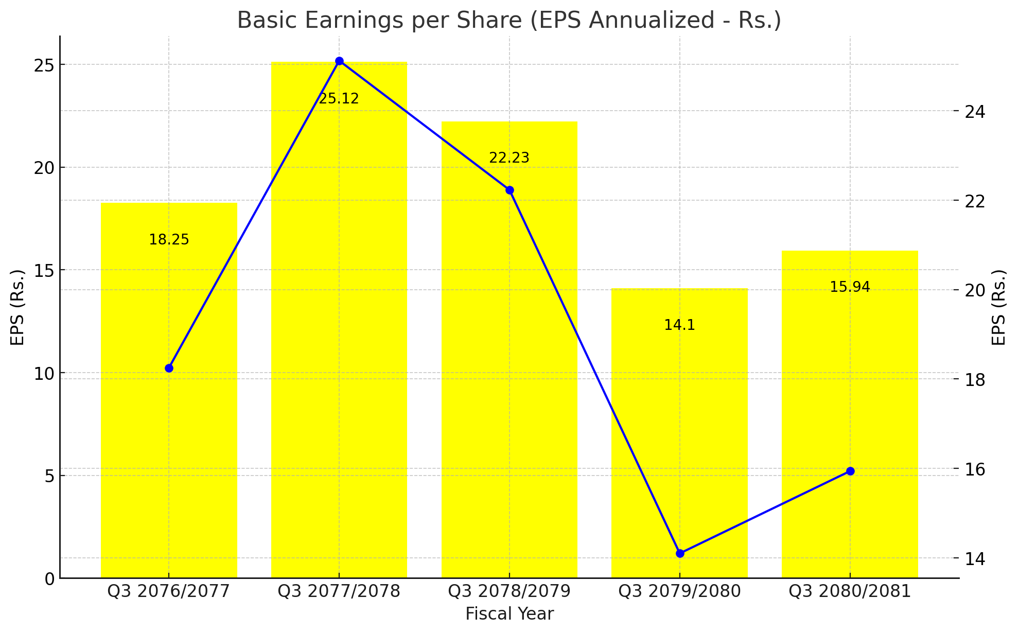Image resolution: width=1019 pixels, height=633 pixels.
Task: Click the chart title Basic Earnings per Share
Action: point(509,21)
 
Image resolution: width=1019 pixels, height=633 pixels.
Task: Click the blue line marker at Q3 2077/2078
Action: point(339,61)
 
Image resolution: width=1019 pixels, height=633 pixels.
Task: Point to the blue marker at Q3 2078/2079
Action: point(510,190)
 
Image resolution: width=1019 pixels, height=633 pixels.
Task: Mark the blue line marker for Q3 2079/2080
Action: point(680,553)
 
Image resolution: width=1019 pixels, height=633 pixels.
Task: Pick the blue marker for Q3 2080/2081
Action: point(850,471)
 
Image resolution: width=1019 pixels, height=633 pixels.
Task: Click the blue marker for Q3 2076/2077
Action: point(169,368)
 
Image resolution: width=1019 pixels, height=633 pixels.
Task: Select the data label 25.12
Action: point(339,99)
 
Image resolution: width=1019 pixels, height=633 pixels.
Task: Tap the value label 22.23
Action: point(509,158)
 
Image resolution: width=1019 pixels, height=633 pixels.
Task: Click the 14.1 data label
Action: point(679,325)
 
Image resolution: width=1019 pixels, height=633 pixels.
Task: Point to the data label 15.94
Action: point(850,287)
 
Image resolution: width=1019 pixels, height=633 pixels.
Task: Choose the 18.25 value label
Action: point(169,240)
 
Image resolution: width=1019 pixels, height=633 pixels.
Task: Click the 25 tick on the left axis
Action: point(45,65)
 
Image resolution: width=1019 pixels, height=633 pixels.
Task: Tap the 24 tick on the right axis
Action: point(973,112)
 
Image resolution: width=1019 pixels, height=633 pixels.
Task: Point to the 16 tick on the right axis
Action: point(973,469)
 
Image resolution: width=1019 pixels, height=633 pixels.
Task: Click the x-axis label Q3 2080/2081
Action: point(850,591)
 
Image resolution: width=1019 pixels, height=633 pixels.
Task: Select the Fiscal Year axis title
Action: point(509,614)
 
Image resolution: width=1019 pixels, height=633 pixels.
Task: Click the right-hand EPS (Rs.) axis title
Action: point(998,307)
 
